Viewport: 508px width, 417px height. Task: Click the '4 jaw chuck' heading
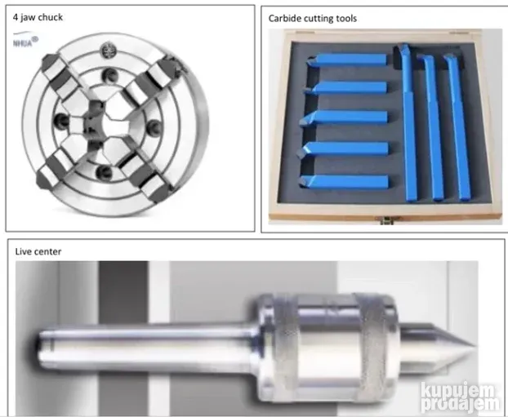(x=38, y=17)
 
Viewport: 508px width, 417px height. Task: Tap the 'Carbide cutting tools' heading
(x=313, y=19)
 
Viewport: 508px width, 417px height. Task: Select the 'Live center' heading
(x=38, y=251)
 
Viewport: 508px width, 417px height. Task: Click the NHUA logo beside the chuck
(x=25, y=40)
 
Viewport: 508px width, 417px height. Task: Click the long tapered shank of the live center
(x=147, y=348)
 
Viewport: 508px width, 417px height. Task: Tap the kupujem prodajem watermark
(x=460, y=397)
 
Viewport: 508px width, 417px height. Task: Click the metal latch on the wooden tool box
(x=386, y=220)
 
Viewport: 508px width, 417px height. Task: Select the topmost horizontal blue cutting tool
(x=346, y=60)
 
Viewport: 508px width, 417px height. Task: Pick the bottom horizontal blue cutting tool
(x=344, y=182)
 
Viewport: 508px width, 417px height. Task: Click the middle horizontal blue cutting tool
(x=343, y=118)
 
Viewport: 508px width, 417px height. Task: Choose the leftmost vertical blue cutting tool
(x=408, y=122)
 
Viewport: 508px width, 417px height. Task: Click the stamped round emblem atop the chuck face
(x=108, y=51)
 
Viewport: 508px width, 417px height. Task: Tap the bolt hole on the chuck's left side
(x=62, y=121)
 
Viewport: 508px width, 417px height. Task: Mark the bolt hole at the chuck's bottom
(x=105, y=172)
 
